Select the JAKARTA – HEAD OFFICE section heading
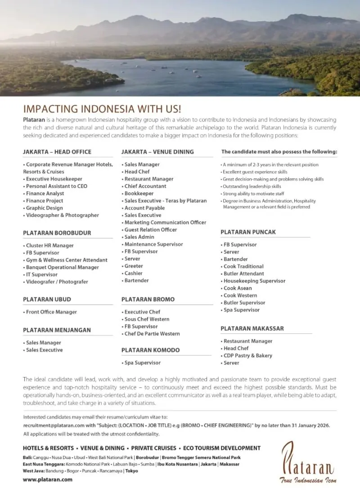[x=57, y=152]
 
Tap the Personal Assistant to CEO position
[x=57, y=186]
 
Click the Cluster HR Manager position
[x=50, y=246]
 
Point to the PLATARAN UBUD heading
[x=47, y=299]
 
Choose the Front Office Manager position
[x=51, y=312]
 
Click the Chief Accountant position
[x=145, y=186]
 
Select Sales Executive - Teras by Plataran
[x=166, y=201]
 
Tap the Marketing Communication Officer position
[x=165, y=223]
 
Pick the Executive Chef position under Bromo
[x=142, y=312]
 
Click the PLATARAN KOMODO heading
[x=150, y=350]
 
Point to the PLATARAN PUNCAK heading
[x=248, y=232]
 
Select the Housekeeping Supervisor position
[x=254, y=281]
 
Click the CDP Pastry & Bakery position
[x=248, y=356]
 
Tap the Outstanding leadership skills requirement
[x=252, y=186]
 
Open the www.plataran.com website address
[x=48, y=480]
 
